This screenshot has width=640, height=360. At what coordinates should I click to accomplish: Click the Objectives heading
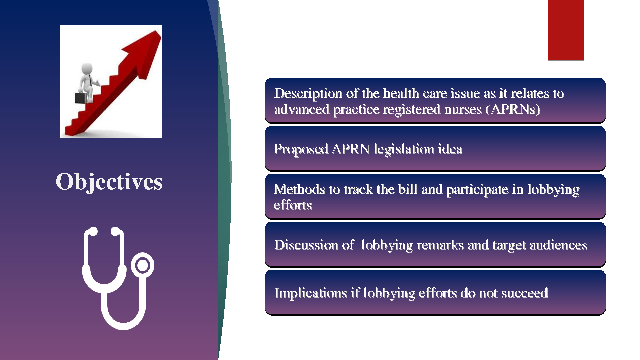[109, 182]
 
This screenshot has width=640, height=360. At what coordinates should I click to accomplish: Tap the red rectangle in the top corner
[566, 30]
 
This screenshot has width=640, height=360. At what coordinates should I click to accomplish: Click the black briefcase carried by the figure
[81, 98]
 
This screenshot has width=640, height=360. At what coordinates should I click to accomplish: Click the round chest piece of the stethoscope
[143, 265]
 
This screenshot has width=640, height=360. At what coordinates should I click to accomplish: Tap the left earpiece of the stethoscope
[93, 231]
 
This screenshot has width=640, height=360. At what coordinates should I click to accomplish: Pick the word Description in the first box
[308, 94]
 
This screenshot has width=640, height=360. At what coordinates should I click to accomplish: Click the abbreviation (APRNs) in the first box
[513, 109]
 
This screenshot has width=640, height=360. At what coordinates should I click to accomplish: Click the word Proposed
[301, 149]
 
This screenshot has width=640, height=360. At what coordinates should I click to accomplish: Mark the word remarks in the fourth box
[440, 245]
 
